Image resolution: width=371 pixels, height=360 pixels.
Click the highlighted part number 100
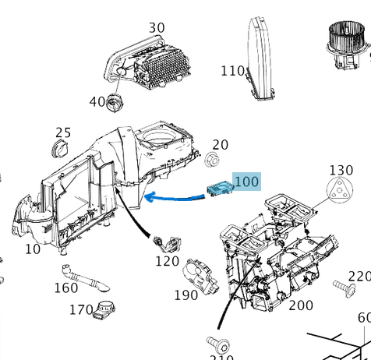pos(246,182)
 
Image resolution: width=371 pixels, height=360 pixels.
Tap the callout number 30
pos(157,28)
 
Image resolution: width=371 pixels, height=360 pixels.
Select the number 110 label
pos(232,71)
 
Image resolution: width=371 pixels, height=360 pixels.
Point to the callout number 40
pos(97,101)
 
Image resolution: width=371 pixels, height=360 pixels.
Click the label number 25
pos(63,132)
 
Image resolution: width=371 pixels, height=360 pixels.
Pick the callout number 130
pos(341,170)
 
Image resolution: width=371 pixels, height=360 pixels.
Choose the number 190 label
pos(185,295)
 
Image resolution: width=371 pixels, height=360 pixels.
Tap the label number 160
pos(65,288)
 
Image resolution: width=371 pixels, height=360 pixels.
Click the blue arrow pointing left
pos(175,197)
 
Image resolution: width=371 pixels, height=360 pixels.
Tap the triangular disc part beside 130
pos(337,191)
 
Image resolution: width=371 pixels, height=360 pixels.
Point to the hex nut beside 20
pos(211,161)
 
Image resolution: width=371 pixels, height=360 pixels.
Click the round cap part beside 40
pos(116,101)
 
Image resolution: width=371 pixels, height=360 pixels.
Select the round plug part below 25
pos(60,148)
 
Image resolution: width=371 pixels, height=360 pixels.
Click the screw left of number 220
pos(341,288)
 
